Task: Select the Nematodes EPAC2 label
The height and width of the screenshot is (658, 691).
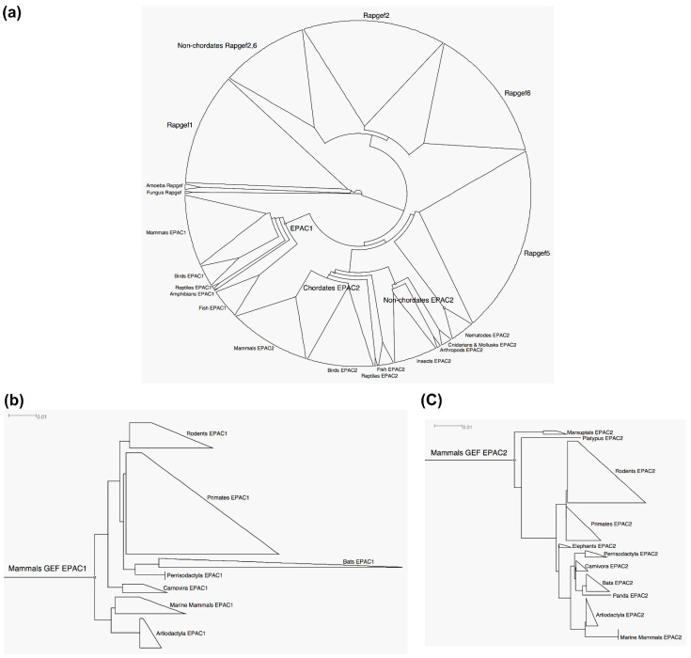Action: point(487,335)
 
